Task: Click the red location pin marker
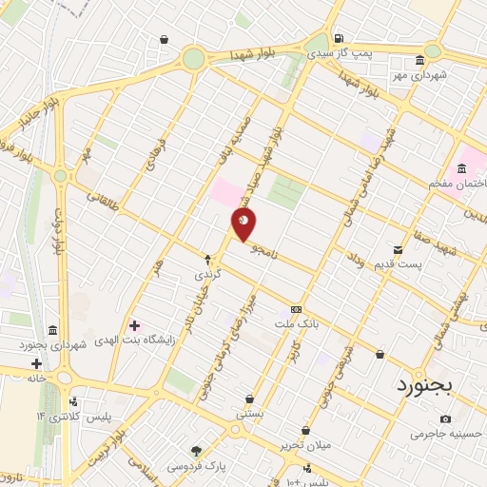point(244,224)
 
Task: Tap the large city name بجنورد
point(426,385)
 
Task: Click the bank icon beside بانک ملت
point(296,310)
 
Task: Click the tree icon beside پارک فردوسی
point(197,451)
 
